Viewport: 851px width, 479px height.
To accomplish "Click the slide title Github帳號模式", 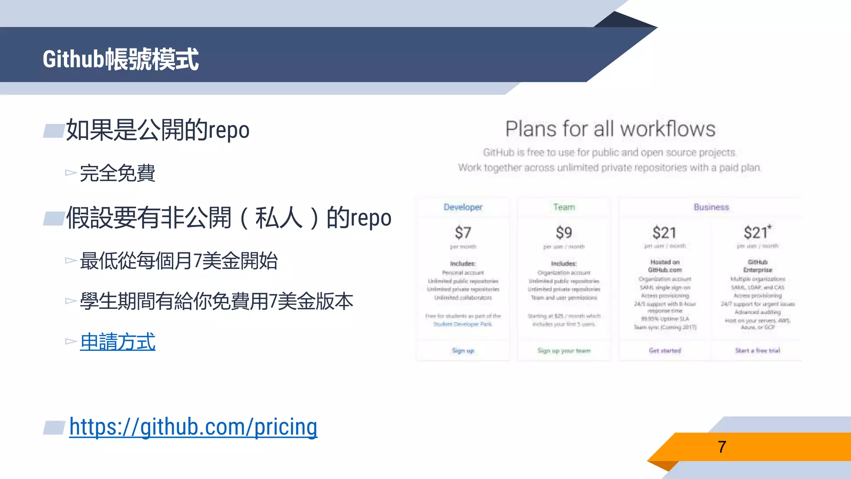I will (x=121, y=59).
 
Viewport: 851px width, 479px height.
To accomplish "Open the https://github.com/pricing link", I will (x=193, y=427).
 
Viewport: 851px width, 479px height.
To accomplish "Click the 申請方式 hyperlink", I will (x=118, y=342).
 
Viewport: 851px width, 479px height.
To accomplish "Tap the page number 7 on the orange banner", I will (x=722, y=447).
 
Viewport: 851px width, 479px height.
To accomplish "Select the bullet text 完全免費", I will (x=117, y=173).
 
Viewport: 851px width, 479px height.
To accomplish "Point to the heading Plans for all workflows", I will (x=610, y=129).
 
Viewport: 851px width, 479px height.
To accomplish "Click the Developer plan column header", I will (x=463, y=207).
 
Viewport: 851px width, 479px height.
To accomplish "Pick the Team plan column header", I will (x=564, y=207).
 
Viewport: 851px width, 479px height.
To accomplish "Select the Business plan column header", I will (x=711, y=207).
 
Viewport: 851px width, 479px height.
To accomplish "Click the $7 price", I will (x=463, y=232).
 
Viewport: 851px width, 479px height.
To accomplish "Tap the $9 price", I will (x=564, y=232).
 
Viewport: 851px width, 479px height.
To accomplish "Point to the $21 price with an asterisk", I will (x=757, y=232).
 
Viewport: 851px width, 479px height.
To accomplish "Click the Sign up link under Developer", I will (x=463, y=351).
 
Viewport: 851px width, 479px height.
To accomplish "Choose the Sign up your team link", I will (x=564, y=351).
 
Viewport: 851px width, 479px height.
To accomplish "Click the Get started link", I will (x=665, y=351).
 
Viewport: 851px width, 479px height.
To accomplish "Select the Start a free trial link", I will (x=757, y=351).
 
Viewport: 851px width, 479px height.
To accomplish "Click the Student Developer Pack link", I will (x=462, y=324).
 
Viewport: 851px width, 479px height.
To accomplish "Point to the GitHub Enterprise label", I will (x=758, y=266).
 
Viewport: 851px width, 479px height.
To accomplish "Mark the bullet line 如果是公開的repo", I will (x=157, y=130).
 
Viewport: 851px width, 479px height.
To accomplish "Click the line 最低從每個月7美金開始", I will (x=179, y=261).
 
